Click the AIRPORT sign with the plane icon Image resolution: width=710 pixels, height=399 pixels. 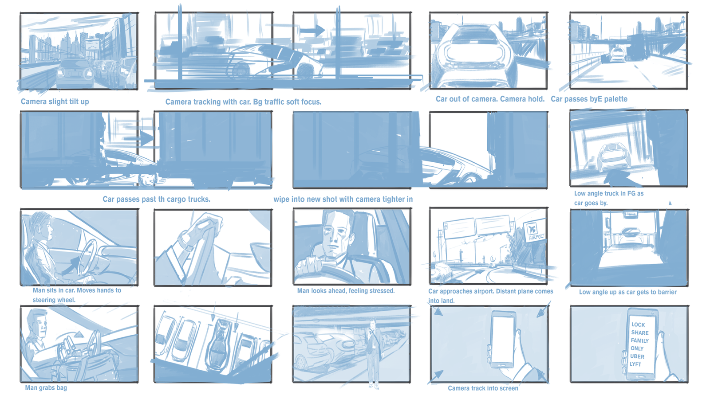[535, 232]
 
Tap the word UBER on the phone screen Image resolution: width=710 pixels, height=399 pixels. [637, 356]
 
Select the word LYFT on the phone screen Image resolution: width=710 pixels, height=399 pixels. [635, 364]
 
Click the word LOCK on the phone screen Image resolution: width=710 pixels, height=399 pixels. [638, 325]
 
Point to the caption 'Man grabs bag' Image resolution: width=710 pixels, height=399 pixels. [46, 387]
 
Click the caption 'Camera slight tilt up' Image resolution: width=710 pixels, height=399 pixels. [55, 102]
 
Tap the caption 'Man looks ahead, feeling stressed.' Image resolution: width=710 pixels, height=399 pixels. [346, 291]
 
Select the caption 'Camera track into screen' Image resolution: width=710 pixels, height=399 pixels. [483, 388]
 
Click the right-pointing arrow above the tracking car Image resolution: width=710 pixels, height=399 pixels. [312, 31]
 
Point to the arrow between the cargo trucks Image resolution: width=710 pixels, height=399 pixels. [139, 138]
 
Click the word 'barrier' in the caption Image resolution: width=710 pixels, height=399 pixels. [665, 292]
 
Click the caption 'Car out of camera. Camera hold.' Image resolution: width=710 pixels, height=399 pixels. [490, 99]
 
